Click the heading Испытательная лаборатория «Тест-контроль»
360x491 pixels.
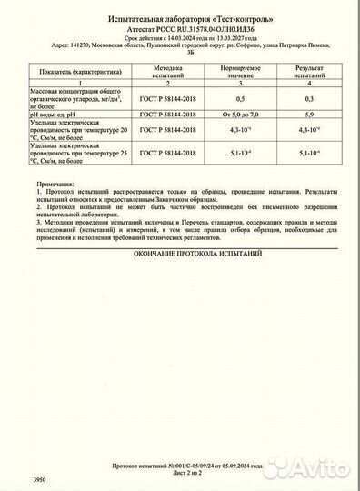(x=180, y=18)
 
